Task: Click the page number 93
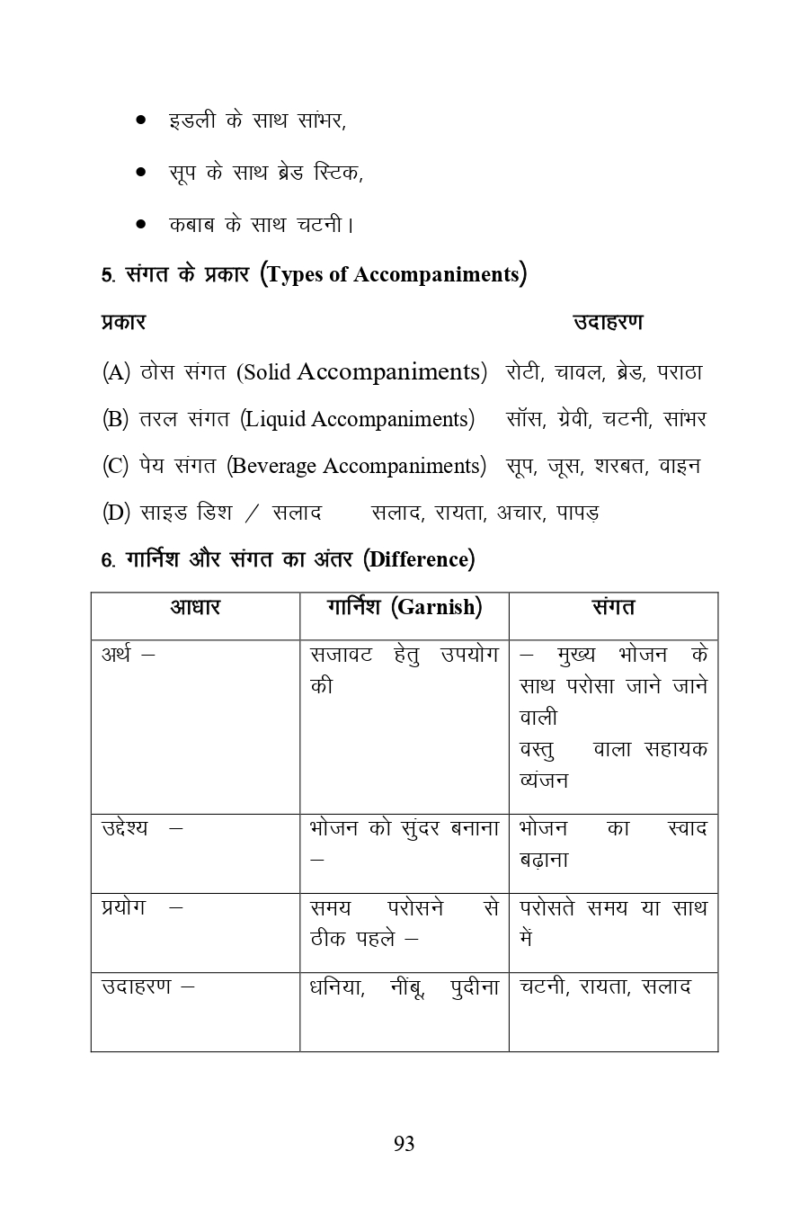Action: [404, 1143]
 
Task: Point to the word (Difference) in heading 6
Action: [419, 559]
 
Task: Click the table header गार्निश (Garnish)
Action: [404, 608]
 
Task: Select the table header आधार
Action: [195, 608]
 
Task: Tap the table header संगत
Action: [613, 608]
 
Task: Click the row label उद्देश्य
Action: [126, 828]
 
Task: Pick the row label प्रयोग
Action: [124, 906]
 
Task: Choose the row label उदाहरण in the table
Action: [136, 986]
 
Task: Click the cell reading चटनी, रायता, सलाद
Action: [605, 986]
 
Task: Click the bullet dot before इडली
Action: [141, 120]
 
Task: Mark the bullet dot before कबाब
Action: [141, 224]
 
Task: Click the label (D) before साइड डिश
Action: [116, 513]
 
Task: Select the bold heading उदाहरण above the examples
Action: [608, 322]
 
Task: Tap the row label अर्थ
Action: [116, 655]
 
